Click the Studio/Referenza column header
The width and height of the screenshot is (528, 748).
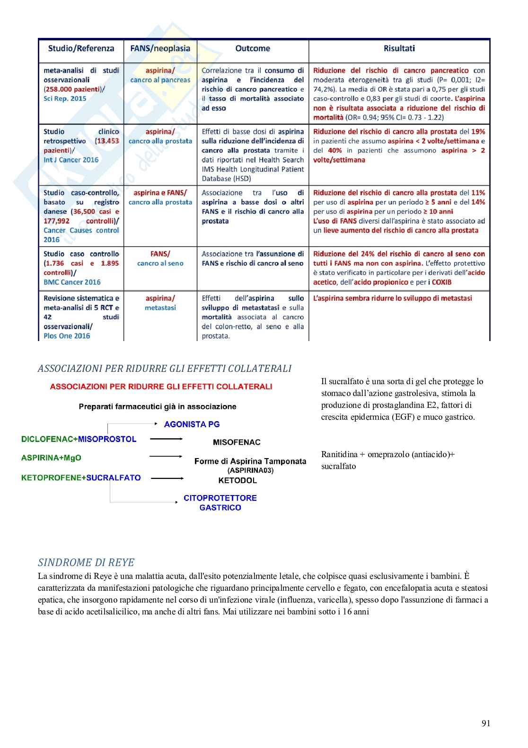81,48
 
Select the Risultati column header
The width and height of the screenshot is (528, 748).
399,48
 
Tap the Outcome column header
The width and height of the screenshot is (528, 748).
253,48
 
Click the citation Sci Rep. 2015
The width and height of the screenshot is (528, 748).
65,99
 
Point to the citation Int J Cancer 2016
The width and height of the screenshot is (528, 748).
71,160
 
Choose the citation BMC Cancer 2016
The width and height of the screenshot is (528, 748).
72,282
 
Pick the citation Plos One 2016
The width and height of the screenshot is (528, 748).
67,336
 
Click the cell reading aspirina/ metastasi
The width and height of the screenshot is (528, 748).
160,303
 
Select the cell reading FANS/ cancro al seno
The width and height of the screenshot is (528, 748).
160,258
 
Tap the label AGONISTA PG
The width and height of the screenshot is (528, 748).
192,424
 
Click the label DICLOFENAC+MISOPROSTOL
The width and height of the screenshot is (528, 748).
79,439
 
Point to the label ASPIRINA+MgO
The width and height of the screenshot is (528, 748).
51,458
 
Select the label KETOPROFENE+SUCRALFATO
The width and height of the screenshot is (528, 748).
81,478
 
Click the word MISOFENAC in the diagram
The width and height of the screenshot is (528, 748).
237,442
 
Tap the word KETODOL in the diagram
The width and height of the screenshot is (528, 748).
238,480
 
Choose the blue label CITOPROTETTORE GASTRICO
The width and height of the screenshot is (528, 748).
220,503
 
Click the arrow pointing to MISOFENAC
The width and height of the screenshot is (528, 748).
166,439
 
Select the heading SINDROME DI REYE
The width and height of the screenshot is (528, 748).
86,563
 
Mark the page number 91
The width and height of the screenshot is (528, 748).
486,723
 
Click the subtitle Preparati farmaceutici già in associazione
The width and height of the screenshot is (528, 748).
157,406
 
